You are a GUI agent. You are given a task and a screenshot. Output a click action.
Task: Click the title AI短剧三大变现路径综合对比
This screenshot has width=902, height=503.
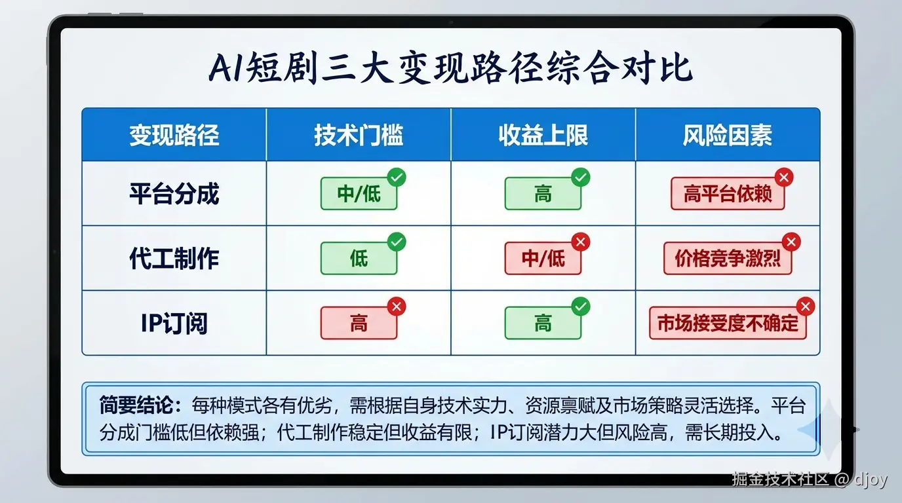click(450, 67)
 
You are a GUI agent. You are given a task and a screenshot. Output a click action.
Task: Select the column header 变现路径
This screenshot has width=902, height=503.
click(174, 135)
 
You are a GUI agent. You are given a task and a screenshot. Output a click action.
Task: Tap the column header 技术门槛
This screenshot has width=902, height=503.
click(359, 135)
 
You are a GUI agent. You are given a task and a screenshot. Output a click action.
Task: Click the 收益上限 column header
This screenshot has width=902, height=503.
click(543, 135)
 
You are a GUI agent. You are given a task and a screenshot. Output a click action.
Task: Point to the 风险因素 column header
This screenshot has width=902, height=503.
click(728, 135)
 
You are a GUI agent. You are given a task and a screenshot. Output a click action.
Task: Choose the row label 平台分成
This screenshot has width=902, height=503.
click(174, 194)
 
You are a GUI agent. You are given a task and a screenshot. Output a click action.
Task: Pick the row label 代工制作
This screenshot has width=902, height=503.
click(174, 259)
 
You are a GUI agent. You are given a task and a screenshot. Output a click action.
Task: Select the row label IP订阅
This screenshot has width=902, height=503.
click(174, 323)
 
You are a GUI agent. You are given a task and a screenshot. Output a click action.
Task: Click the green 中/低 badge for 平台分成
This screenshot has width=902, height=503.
click(359, 194)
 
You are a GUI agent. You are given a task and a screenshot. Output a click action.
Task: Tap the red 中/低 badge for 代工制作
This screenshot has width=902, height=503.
click(543, 259)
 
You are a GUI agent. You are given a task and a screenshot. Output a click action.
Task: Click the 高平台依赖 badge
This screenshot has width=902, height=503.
click(728, 194)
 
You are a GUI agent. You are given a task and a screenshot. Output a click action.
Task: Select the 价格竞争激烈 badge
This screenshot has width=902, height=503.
click(728, 259)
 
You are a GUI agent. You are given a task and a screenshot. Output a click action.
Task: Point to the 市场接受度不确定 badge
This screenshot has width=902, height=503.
click(728, 323)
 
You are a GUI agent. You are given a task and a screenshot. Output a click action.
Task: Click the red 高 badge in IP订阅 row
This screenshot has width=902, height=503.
click(359, 323)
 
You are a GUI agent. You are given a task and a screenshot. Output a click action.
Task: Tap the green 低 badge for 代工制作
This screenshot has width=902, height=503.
click(359, 259)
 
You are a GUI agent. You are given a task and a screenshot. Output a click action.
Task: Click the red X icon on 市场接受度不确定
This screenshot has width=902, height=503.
click(806, 306)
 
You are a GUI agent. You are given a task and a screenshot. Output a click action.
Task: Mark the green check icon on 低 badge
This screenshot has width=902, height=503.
click(397, 242)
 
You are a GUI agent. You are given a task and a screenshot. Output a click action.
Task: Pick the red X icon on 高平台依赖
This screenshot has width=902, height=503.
click(784, 177)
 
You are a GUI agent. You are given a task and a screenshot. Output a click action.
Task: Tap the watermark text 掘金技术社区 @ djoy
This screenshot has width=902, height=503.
click(810, 479)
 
